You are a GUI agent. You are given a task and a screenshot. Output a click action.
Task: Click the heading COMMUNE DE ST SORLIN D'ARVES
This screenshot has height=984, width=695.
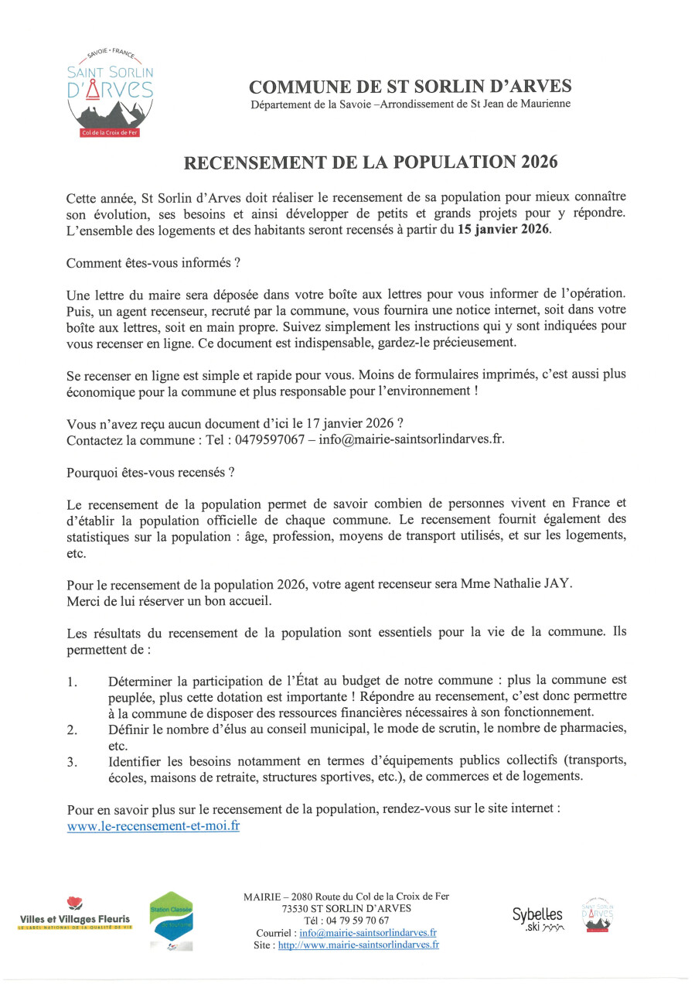pyautogui.click(x=411, y=86)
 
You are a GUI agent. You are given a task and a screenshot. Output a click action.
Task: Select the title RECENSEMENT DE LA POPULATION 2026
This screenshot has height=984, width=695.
pyautogui.click(x=370, y=162)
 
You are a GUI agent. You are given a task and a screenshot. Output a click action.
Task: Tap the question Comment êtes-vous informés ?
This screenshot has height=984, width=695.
pyautogui.click(x=153, y=263)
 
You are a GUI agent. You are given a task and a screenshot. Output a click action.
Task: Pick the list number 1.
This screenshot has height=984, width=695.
pyautogui.click(x=72, y=682)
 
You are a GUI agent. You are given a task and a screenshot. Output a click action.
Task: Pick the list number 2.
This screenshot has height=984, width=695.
pyautogui.click(x=72, y=729)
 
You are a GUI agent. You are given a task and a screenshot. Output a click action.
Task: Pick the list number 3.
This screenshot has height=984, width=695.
pyautogui.click(x=72, y=762)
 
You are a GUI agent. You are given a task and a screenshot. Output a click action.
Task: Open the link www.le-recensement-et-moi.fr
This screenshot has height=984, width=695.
pyautogui.click(x=153, y=826)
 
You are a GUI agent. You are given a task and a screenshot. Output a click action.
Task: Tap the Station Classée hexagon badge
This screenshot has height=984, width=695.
pyautogui.click(x=171, y=921)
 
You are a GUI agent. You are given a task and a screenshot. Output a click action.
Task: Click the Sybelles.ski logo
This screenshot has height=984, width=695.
pyautogui.click(x=538, y=917)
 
